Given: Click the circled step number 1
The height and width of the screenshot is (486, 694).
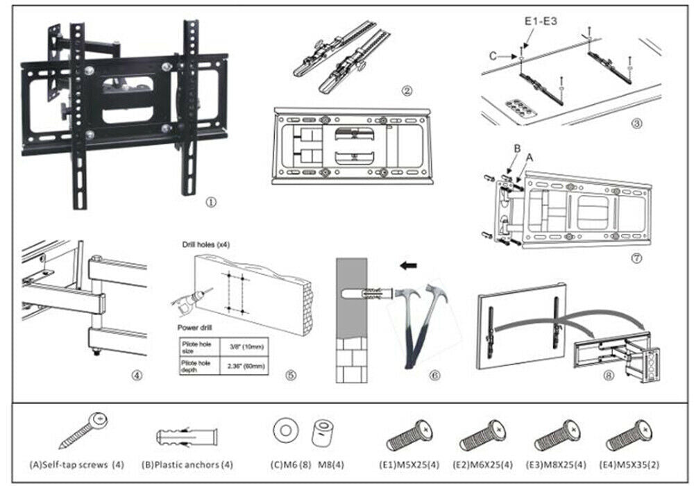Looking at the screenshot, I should pos(211,203).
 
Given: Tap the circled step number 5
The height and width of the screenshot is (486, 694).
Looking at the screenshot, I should pos(291,376).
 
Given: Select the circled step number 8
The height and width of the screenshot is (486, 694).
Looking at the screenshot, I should pos(609,376).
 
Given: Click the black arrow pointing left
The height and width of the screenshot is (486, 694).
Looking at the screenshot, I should pos(409,265).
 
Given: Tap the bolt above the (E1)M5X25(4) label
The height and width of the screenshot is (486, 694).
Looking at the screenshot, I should pos(409,435).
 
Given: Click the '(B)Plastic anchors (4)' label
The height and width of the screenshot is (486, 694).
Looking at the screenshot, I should pos(189,464).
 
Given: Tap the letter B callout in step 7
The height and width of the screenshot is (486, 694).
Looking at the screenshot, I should pos(516,149).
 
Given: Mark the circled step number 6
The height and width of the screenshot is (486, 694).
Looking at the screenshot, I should pos(435,376).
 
